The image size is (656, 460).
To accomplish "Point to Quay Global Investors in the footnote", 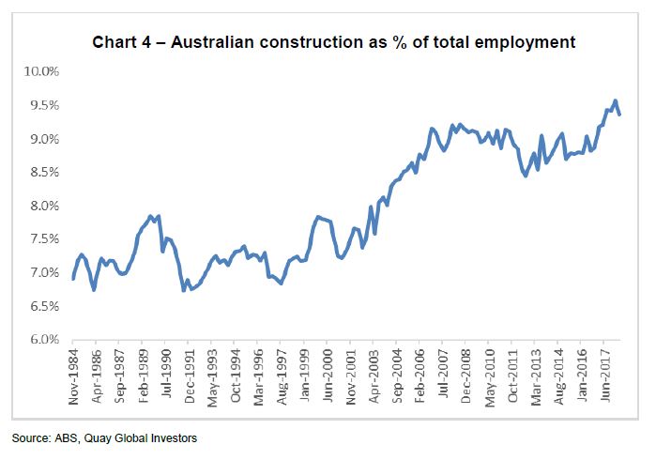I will tap(154, 438).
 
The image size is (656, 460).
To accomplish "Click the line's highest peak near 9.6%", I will tap(615, 100).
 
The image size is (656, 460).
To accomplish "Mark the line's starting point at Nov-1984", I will tap(73, 279).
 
